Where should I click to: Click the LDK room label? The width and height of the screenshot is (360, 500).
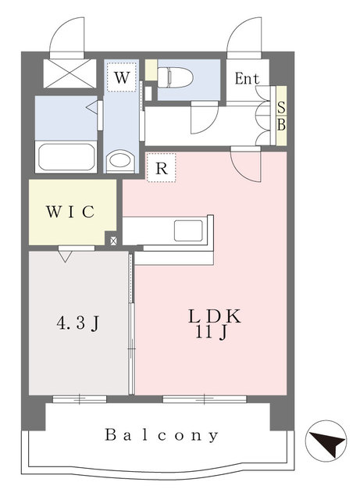coord(214,316)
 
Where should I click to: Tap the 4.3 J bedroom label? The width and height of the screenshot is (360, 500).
coord(78,323)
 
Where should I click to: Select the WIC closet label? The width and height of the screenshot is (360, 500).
coord(70,212)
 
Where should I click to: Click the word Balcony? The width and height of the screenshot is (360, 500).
coord(162,435)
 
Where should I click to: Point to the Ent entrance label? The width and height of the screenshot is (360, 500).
coord(247,78)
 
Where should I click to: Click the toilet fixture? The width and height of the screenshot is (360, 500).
coord(176,77)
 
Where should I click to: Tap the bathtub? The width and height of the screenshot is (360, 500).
coord(66,157)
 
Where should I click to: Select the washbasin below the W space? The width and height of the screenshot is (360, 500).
coord(120,160)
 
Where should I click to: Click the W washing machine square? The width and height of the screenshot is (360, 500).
coord(122,77)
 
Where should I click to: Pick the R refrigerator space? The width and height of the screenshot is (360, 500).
coord(162,168)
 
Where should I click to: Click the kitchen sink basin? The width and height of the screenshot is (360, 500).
coord(188,230)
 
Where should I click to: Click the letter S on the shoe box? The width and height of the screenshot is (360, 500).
coord(281,108)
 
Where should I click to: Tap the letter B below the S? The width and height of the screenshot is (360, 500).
coord(281,125)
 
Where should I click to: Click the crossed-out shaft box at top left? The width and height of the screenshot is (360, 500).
coord(70,73)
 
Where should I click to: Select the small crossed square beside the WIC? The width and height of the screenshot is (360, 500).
coord(113,241)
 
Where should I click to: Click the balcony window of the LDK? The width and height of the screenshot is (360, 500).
coord(205,398)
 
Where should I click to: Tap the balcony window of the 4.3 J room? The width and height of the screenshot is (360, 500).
coord(80,398)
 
